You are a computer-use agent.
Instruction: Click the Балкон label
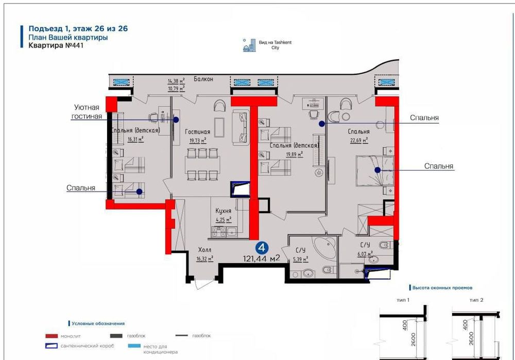pyautogui.click(x=203, y=79)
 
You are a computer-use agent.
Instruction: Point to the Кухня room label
pyautogui.click(x=223, y=211)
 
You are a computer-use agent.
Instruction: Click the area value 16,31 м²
pyautogui.click(x=135, y=139)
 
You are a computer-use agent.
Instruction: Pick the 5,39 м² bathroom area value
pyautogui.click(x=300, y=260)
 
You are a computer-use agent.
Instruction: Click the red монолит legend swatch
pyautogui.click(x=54, y=336)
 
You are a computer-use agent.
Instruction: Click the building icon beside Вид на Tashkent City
pyautogui.click(x=249, y=45)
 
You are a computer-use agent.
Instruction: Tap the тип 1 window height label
pyautogui.click(x=403, y=299)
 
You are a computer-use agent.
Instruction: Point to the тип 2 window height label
pyautogui.click(x=475, y=299)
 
